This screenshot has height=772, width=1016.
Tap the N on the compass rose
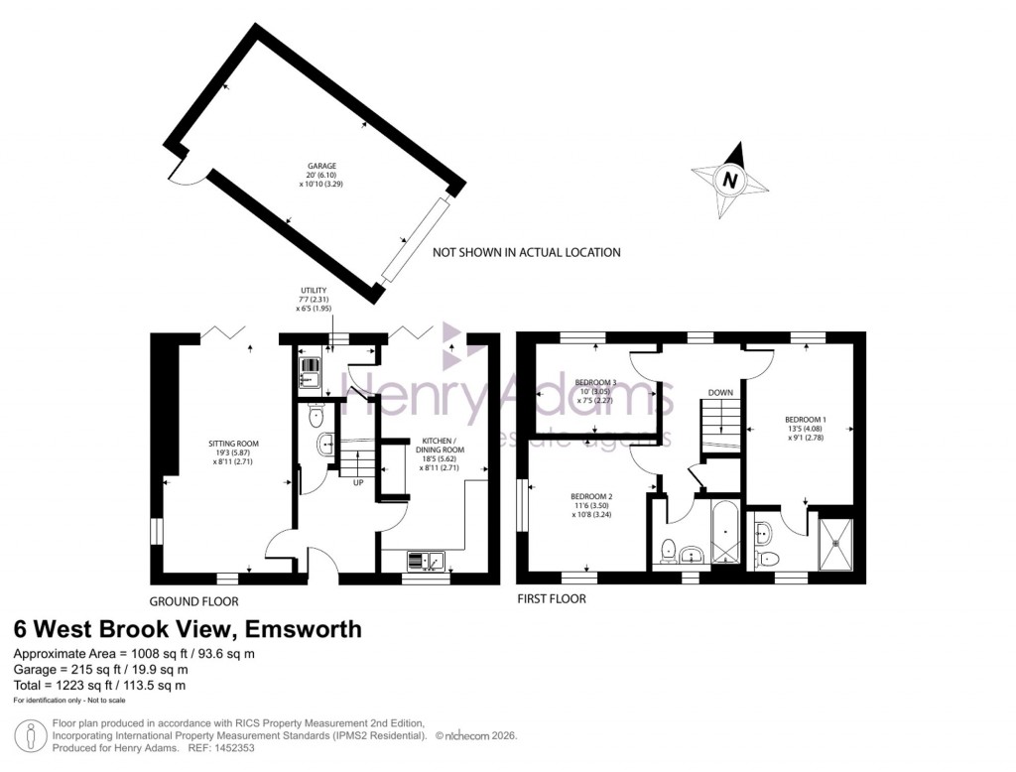730,181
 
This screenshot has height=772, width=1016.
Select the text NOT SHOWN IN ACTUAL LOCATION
526,253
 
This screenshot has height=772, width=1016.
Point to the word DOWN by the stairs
720,393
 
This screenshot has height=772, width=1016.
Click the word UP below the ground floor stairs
356,483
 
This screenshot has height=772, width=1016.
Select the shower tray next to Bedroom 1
841,543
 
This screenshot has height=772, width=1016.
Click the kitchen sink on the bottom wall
426,562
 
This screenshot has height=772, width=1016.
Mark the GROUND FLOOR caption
193,601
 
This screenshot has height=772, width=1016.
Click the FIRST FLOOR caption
552,599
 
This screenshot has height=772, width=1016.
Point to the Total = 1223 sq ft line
98,686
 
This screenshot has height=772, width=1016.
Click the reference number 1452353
234,748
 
